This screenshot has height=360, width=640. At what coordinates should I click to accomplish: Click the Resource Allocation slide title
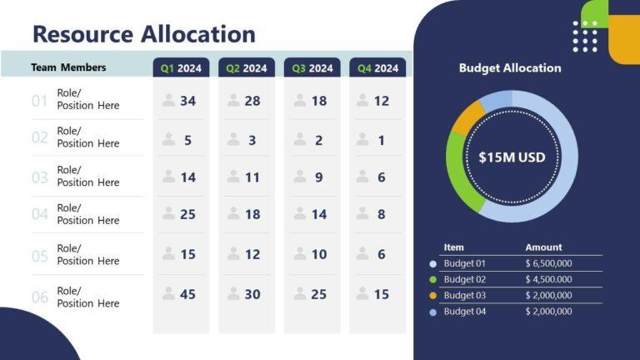143,34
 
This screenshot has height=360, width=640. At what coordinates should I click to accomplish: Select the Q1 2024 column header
181,68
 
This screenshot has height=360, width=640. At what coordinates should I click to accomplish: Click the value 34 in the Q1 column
187,101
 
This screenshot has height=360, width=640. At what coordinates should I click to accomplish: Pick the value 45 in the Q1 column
187,294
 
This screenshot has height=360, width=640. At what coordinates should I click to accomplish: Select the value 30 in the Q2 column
252,294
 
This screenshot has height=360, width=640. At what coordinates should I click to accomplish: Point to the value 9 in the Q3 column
319,177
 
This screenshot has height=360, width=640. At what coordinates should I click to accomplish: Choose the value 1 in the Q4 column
382,141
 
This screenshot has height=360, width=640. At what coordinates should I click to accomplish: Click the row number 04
39,214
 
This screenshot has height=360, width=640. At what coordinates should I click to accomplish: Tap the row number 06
39,297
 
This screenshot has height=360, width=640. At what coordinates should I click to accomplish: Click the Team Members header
68,67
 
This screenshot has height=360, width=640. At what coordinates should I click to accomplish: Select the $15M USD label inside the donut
512,157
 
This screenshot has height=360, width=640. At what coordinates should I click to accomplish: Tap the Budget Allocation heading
510,68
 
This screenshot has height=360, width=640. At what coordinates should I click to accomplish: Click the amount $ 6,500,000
548,263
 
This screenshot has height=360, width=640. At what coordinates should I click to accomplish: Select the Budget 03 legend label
464,295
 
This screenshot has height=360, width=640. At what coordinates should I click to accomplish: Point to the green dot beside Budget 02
432,280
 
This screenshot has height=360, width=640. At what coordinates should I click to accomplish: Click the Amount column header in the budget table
543,247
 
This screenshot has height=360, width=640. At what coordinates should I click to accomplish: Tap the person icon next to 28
234,101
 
